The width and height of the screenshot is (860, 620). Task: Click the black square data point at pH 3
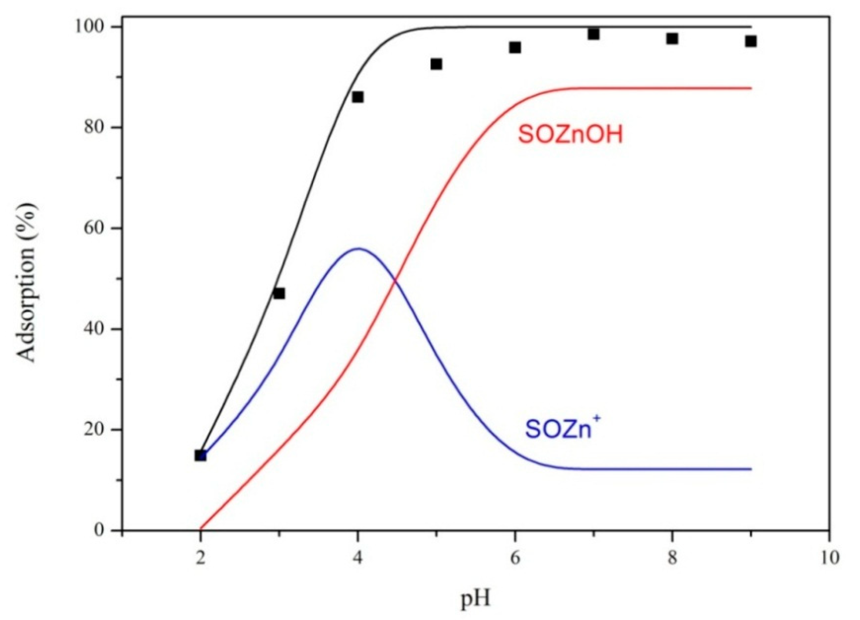[x=279, y=293]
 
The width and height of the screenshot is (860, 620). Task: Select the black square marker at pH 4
[x=358, y=97]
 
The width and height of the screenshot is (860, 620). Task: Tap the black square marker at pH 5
[x=436, y=64]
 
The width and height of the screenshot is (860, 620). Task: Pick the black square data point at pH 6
[x=514, y=47]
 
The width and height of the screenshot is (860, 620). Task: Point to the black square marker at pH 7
[x=594, y=34]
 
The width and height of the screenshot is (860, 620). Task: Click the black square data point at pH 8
[x=672, y=38]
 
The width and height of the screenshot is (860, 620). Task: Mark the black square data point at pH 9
[x=750, y=41]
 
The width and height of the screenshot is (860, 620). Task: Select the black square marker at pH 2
[x=201, y=456]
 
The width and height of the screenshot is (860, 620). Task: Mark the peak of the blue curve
[x=358, y=248]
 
